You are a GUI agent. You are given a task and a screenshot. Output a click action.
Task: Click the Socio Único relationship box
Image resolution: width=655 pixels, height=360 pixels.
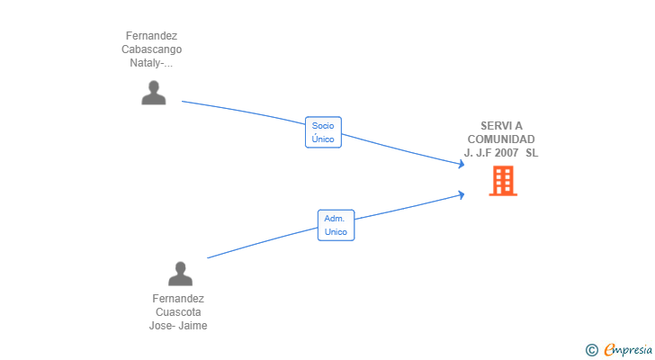click(x=323, y=132)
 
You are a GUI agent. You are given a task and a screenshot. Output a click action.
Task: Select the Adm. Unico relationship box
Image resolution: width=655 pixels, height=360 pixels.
click(x=336, y=225)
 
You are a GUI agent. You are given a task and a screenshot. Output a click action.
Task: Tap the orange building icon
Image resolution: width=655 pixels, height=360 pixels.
click(x=503, y=181)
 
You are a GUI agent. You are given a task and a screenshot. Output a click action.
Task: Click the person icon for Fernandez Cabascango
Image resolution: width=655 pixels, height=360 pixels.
click(x=154, y=93)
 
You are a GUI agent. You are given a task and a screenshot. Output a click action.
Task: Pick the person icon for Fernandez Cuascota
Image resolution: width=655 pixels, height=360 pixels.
click(x=181, y=274)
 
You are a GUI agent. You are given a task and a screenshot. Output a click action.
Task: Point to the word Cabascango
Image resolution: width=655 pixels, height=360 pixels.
click(x=152, y=49)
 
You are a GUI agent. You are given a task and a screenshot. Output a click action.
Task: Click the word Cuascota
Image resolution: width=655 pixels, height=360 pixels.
click(x=178, y=312)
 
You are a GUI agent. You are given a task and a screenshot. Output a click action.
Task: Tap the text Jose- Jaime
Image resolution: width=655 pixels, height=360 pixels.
click(x=178, y=325)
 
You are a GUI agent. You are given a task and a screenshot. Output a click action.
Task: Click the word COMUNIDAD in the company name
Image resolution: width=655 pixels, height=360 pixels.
click(x=501, y=139)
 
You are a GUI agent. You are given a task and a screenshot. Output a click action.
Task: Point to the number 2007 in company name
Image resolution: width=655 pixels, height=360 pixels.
click(x=507, y=153)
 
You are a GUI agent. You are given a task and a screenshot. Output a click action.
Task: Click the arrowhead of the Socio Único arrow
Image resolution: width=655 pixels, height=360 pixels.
click(x=462, y=164)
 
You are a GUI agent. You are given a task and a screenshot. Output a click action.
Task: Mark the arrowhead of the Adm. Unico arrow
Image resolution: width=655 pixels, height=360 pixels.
click(x=462, y=194)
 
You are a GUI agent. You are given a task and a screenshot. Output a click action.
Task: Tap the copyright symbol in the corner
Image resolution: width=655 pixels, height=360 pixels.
click(x=591, y=350)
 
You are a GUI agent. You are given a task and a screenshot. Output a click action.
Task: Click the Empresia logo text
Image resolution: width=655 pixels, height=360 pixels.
click(x=628, y=350)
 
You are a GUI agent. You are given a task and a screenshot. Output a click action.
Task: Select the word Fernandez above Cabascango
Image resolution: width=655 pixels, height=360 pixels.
click(x=152, y=36)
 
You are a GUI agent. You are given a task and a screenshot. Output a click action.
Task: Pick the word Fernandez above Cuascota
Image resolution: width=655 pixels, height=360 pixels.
click(x=178, y=299)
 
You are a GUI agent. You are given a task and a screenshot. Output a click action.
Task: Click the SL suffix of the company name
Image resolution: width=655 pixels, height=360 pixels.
click(x=532, y=153)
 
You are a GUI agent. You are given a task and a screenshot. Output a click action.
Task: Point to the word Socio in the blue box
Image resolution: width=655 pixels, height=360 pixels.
click(x=323, y=126)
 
